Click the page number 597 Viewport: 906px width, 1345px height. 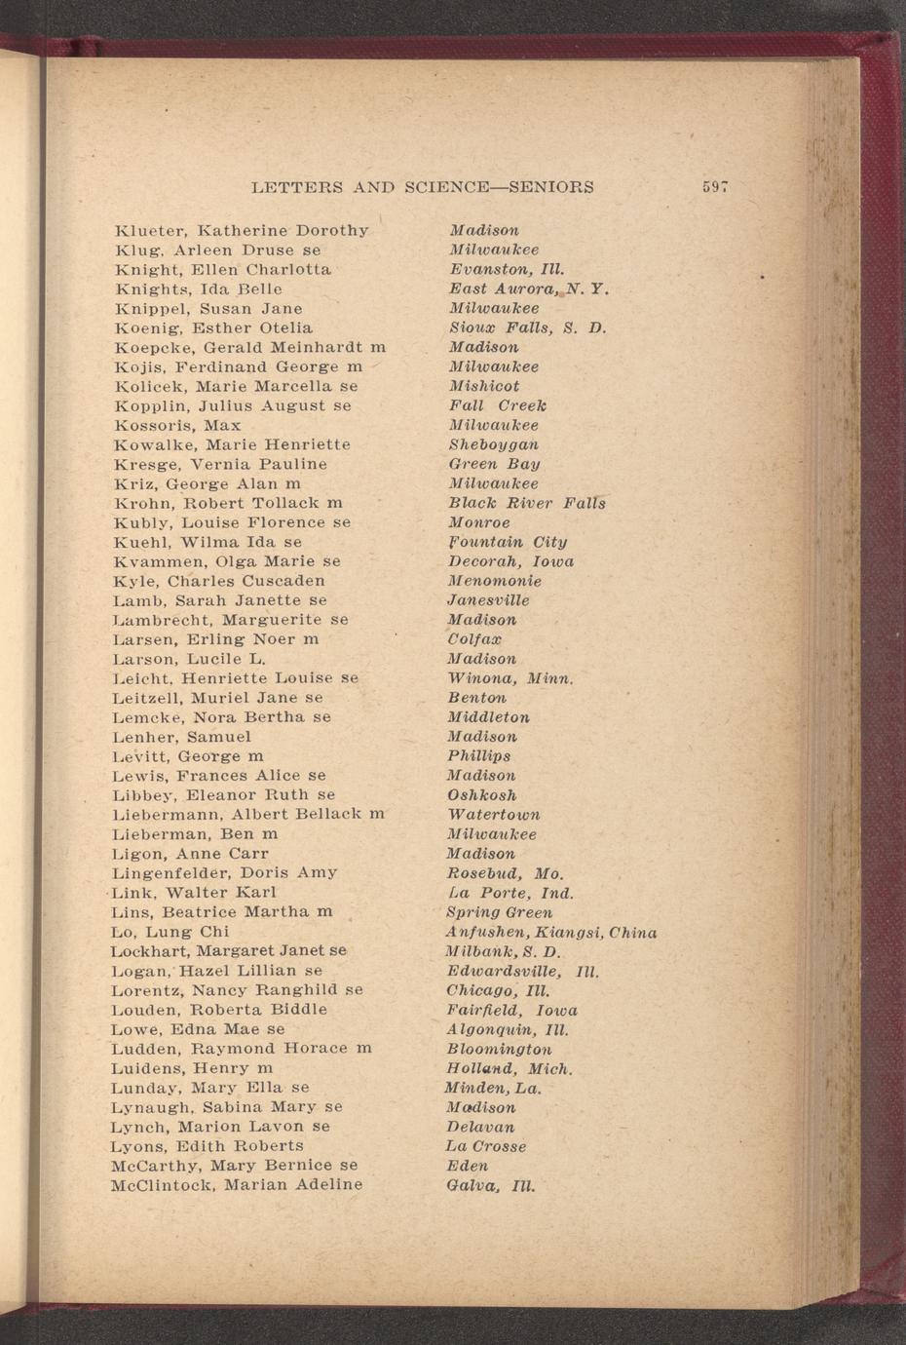pyautogui.click(x=715, y=187)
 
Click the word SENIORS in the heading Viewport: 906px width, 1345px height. pyautogui.click(x=551, y=187)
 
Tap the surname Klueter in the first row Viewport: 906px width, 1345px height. pyautogui.click(x=151, y=231)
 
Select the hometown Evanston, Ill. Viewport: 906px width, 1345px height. pyautogui.click(x=507, y=269)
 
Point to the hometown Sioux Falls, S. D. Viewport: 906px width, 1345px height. pyautogui.click(x=527, y=327)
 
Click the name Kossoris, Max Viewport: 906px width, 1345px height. pyautogui.click(x=177, y=425)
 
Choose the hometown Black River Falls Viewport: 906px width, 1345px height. pyautogui.click(x=526, y=503)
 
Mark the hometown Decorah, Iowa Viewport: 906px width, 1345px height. pyautogui.click(x=510, y=561)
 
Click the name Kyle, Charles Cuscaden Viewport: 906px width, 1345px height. pyautogui.click(x=219, y=581)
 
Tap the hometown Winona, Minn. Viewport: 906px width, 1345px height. pyautogui.click(x=510, y=678)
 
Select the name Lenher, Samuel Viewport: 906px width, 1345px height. pyautogui.click(x=181, y=737)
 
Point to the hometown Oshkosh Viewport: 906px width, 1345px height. pyautogui.click(x=481, y=795)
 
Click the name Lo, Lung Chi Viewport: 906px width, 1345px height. pyautogui.click(x=170, y=932)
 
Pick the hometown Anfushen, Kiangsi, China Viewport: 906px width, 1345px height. pyautogui.click(x=550, y=933)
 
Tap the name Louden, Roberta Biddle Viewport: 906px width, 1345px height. pyautogui.click(x=219, y=1010)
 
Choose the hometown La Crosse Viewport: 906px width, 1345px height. pyautogui.click(x=486, y=1146)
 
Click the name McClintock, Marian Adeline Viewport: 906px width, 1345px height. pyautogui.click(x=237, y=1185)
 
